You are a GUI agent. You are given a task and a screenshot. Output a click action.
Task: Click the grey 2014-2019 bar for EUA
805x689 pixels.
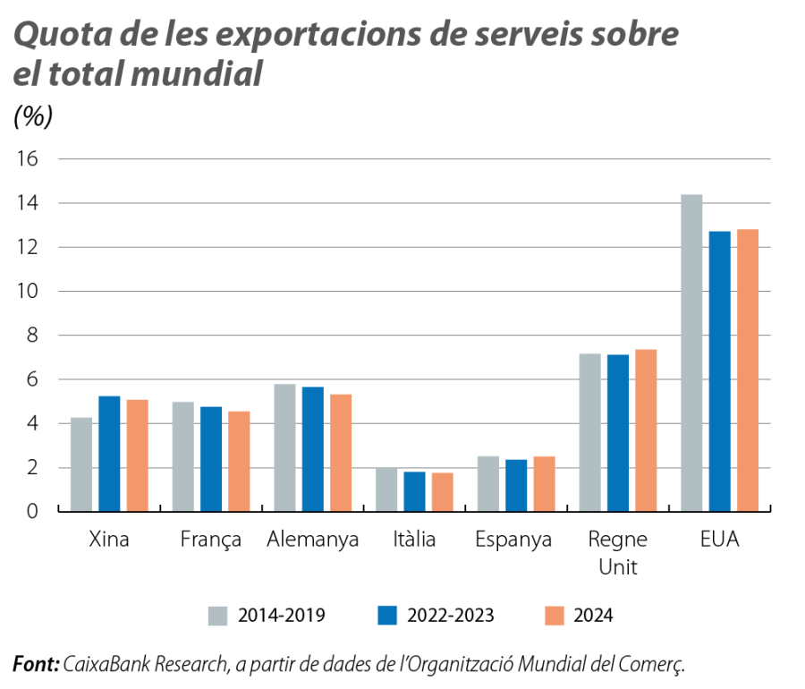click(x=691, y=353)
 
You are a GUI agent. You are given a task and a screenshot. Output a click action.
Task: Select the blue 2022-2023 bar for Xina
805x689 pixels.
click(x=109, y=453)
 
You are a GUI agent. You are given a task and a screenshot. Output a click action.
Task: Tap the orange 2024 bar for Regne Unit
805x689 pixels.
click(x=646, y=430)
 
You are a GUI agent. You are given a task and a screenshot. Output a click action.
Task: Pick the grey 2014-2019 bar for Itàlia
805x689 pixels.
click(x=386, y=489)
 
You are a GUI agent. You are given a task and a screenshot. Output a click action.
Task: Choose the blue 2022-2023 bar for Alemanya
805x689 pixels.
click(x=313, y=448)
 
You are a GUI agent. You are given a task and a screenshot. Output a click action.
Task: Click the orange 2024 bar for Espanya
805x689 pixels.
click(x=544, y=483)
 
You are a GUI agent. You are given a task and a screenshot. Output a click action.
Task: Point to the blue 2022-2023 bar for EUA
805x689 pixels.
click(x=720, y=370)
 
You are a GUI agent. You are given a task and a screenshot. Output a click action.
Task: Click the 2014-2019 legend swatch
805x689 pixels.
click(x=218, y=616)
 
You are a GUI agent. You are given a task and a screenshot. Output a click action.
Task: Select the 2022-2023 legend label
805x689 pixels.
click(x=450, y=616)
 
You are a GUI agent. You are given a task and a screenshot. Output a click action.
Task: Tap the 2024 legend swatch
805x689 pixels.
click(x=555, y=616)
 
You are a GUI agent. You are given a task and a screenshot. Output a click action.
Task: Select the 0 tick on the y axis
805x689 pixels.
click(x=34, y=512)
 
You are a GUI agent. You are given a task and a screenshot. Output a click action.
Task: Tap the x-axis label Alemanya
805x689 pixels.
click(x=313, y=540)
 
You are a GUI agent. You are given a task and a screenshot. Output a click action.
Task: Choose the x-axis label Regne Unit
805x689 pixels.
click(x=618, y=553)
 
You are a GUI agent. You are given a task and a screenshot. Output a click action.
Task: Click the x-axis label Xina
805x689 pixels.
click(x=109, y=540)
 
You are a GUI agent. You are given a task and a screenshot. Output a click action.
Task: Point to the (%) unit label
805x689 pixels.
click(x=33, y=116)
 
